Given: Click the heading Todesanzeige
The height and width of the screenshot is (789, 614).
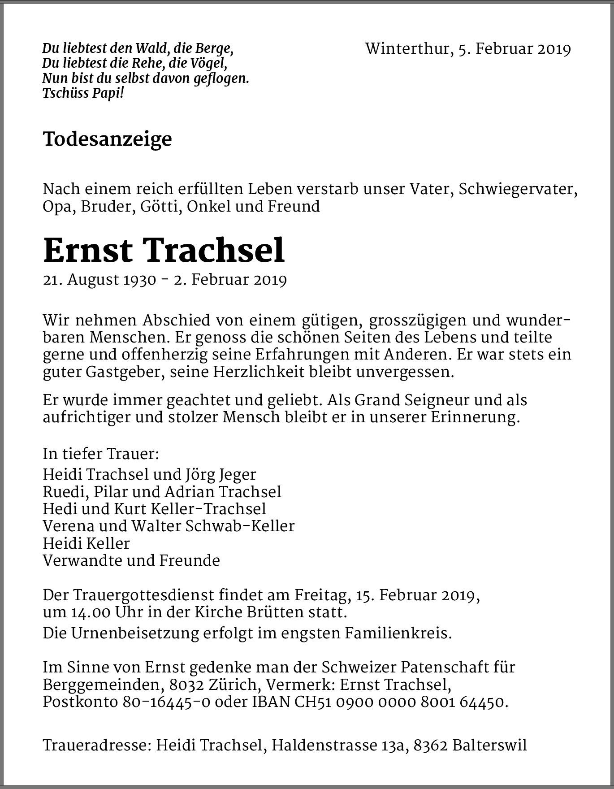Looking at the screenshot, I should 107,139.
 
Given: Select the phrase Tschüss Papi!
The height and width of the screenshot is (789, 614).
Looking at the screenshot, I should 83,93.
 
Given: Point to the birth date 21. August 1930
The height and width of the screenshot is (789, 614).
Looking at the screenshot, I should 99,280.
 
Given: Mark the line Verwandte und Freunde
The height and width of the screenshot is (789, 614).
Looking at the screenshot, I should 131,561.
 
